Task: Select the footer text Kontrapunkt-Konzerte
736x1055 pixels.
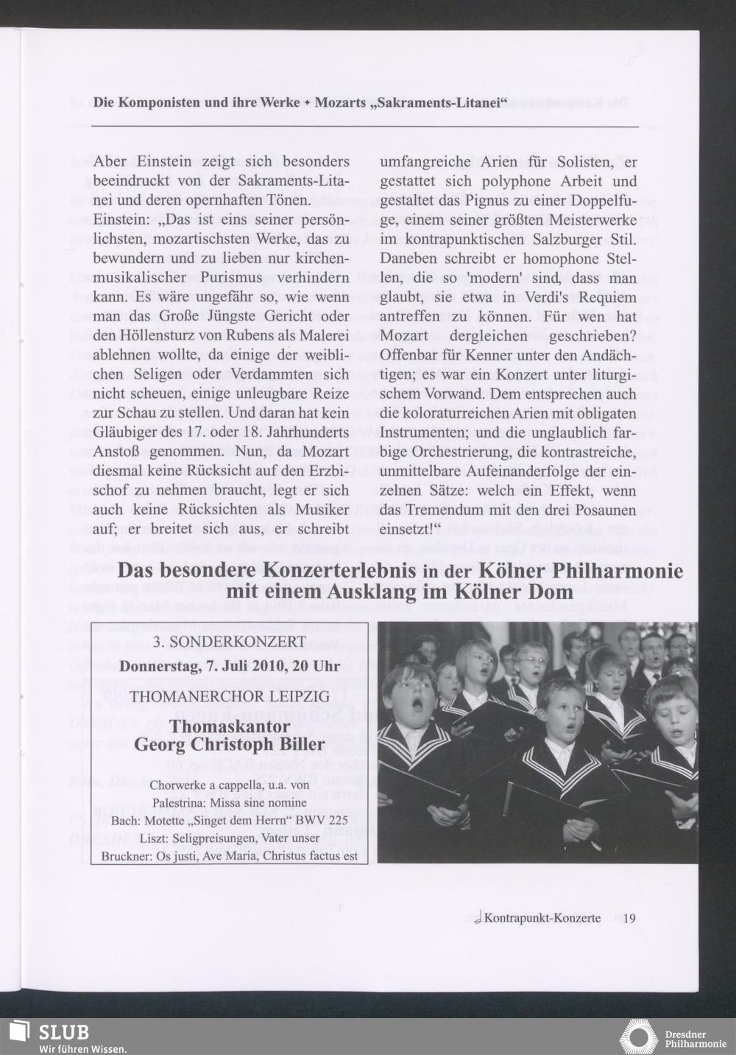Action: tap(542, 918)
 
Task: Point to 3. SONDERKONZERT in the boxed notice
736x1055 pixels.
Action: tap(229, 642)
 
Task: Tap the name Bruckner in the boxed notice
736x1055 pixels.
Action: tap(124, 855)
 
